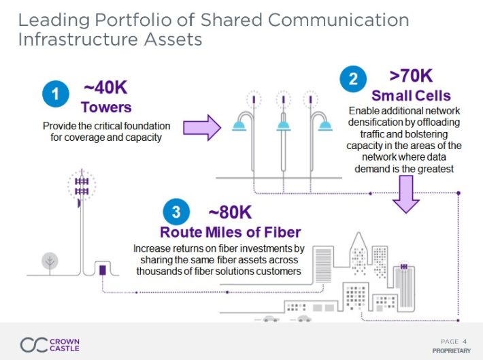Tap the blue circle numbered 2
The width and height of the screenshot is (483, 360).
[x=353, y=79]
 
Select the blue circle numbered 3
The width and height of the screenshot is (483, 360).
[x=176, y=212]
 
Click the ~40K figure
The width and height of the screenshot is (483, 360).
[x=105, y=88]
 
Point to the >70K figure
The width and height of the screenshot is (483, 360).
[x=411, y=76]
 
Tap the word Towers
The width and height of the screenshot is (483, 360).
[x=105, y=107]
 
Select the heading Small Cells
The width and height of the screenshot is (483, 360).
[x=411, y=95]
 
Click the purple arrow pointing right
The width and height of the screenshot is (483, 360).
[x=203, y=127]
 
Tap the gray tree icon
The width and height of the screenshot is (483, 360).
[x=49, y=261]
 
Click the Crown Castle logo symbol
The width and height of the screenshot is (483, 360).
[x=33, y=344]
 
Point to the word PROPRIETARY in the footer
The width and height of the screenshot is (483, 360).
[x=451, y=350]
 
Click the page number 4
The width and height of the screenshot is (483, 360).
[x=465, y=341]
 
